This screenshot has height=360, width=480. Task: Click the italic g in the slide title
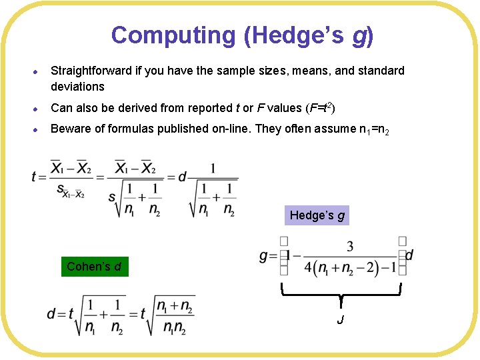coord(359,36)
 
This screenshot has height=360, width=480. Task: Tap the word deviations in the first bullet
coord(77,87)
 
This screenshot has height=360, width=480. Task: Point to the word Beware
coord(70,129)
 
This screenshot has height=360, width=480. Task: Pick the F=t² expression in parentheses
coord(325,108)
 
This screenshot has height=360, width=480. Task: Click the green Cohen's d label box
coord(94,267)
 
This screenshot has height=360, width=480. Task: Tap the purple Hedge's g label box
coord(317,215)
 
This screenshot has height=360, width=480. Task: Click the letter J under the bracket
coord(341,321)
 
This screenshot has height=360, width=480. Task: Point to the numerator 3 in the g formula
coord(349,247)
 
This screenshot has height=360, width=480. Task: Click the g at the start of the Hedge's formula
coord(263,256)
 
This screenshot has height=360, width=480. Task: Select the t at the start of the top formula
coord(34,177)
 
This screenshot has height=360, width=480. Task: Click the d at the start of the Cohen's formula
coord(51,314)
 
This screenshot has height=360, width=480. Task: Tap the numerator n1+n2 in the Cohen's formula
coord(174,306)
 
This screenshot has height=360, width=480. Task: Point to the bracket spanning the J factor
coord(341,292)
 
